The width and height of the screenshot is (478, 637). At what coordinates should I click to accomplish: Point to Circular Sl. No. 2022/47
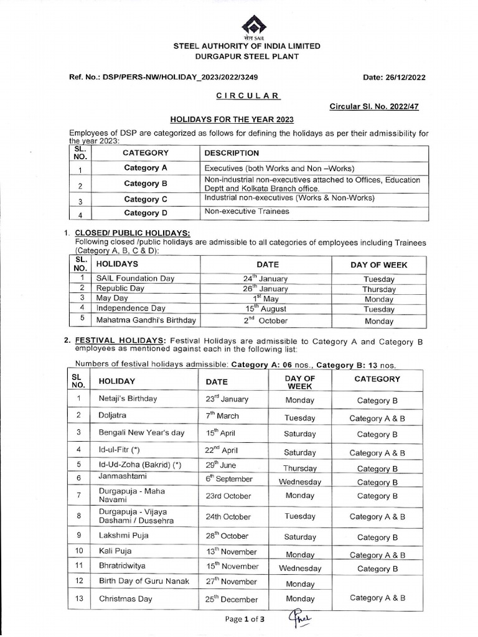coord(373,106)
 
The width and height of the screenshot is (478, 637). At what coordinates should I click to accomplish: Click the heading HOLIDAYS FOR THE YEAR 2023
coord(232,119)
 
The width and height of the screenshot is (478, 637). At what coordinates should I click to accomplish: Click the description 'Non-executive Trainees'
coord(246,212)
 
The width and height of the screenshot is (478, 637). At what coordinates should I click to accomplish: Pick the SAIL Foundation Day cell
coord(135,279)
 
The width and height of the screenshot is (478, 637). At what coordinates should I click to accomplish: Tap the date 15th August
coord(266,309)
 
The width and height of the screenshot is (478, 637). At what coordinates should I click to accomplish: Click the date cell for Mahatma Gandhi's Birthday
coord(266,321)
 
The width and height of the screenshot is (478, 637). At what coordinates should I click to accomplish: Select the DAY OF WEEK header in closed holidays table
coord(378,264)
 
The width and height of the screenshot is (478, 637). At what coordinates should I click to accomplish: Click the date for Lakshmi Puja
coord(227,536)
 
